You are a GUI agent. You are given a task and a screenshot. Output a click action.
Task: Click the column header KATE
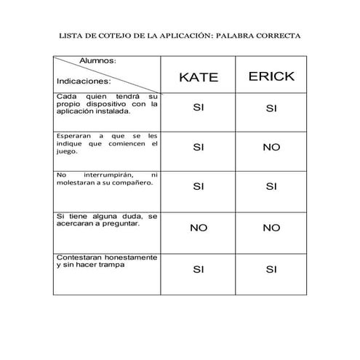pyautogui.click(x=199, y=78)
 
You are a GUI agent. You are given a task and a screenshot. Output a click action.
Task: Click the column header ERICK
pyautogui.click(x=271, y=77)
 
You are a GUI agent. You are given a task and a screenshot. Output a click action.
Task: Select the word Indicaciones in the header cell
pyautogui.click(x=84, y=81)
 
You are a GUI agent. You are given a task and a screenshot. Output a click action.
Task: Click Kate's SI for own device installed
pyautogui.click(x=199, y=108)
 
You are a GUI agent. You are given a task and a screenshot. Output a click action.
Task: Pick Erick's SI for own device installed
pyautogui.click(x=271, y=109)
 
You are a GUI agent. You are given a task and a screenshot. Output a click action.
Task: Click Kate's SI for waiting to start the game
pyautogui.click(x=199, y=147)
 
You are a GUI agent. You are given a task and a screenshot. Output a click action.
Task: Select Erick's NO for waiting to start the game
pyautogui.click(x=271, y=147)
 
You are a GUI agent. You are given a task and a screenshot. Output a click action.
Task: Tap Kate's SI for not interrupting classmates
pyautogui.click(x=199, y=186)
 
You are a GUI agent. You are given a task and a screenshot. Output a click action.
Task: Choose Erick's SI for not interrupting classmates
pyautogui.click(x=271, y=186)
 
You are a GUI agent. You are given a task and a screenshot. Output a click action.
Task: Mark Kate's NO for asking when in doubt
pyautogui.click(x=199, y=228)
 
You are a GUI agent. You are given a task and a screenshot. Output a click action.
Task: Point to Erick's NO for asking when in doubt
pyautogui.click(x=271, y=228)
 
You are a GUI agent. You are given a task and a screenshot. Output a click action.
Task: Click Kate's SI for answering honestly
pyautogui.click(x=199, y=270)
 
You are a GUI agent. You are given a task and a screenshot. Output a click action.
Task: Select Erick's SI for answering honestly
pyautogui.click(x=271, y=270)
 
